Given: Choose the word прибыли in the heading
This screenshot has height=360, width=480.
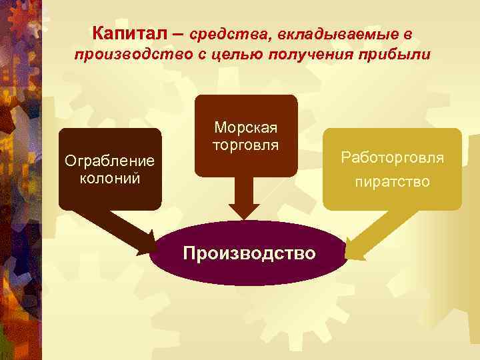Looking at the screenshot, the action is (x=391, y=54).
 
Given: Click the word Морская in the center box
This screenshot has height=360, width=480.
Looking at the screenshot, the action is (x=246, y=127).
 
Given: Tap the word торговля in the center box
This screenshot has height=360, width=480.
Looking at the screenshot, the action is (x=246, y=144).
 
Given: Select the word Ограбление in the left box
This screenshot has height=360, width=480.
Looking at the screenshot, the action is (x=109, y=161).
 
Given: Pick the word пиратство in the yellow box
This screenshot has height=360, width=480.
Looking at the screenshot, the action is (x=392, y=181).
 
